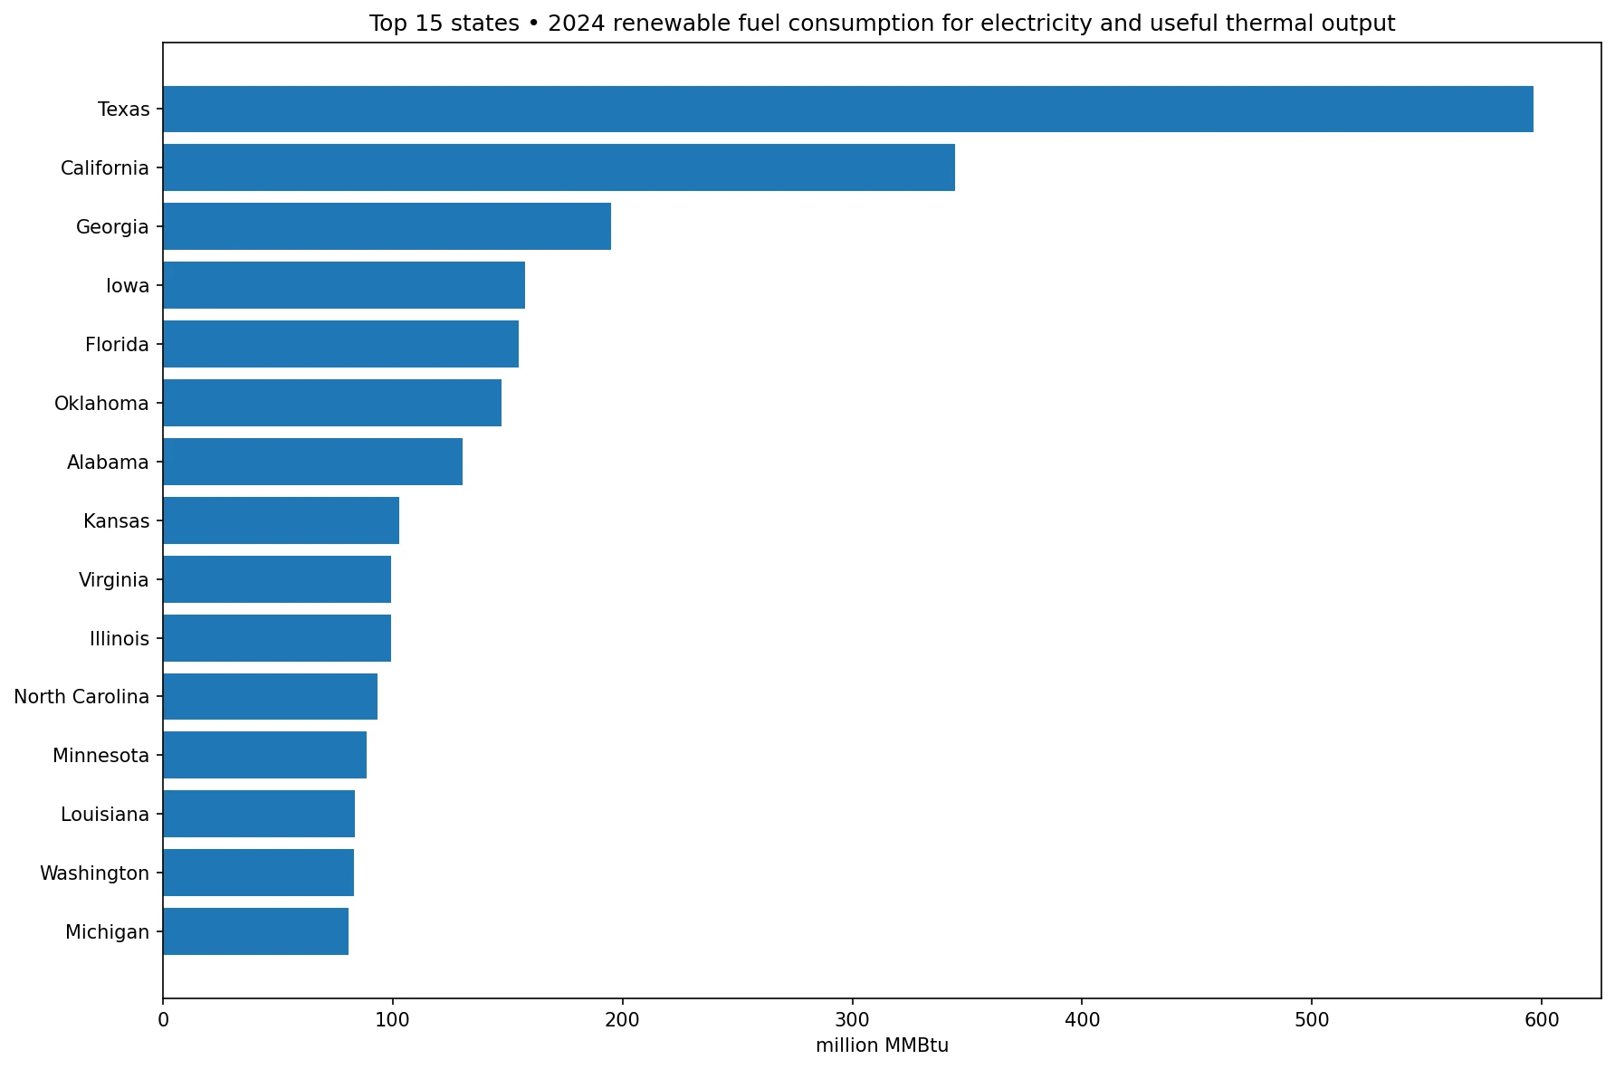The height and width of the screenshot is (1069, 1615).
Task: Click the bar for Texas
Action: click(x=848, y=110)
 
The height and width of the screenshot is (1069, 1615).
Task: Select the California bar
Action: click(x=559, y=167)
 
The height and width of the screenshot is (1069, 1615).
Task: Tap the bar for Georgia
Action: click(x=387, y=226)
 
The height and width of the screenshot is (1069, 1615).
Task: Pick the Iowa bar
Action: click(x=344, y=285)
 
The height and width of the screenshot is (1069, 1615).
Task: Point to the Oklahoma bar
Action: click(x=332, y=403)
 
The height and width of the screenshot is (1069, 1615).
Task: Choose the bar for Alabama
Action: click(x=313, y=462)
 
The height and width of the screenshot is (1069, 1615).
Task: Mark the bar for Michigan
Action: click(x=256, y=931)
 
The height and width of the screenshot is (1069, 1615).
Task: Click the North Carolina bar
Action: click(x=271, y=697)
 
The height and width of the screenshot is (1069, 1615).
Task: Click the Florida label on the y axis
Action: click(x=117, y=345)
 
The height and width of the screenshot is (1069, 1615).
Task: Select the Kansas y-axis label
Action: click(x=116, y=521)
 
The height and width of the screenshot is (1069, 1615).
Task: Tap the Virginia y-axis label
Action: click(x=114, y=580)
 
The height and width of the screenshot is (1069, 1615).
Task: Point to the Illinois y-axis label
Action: click(x=119, y=639)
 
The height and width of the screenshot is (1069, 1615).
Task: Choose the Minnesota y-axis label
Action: click(x=100, y=756)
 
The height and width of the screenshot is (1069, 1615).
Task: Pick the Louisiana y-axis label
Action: click(x=105, y=815)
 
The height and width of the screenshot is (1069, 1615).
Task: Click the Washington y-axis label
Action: click(x=94, y=873)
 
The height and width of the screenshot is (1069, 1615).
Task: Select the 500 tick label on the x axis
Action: click(x=1312, y=1020)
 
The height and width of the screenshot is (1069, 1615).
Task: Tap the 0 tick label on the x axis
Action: click(x=163, y=1020)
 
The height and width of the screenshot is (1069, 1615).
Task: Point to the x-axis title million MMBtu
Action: click(x=882, y=1046)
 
